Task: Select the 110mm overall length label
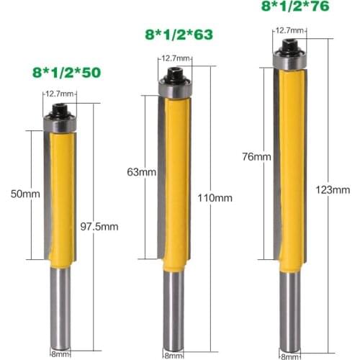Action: tap(210, 197)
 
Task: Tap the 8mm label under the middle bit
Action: tap(173, 354)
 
